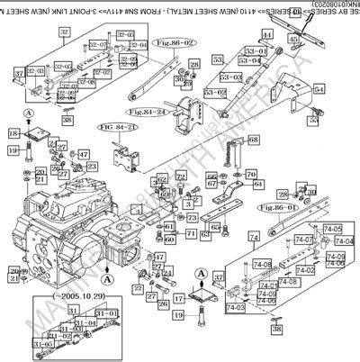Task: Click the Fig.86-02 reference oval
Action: pos(175,42)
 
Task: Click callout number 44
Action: pos(266,34)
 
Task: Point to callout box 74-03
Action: pos(236,308)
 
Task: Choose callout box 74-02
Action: pos(306,270)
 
